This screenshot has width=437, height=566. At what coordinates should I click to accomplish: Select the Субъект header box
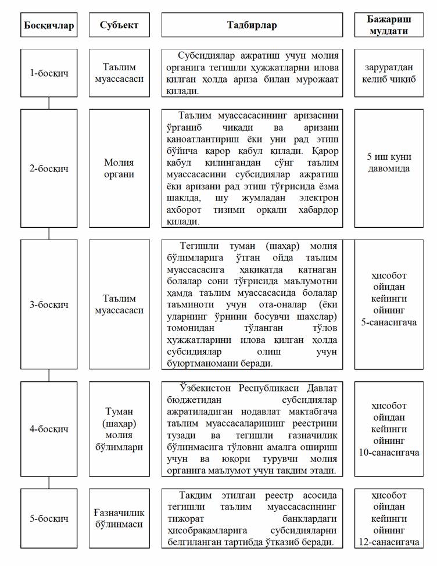coord(119,25)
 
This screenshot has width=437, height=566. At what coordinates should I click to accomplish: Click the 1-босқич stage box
coord(49,73)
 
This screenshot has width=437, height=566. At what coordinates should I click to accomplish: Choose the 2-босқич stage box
coord(49,169)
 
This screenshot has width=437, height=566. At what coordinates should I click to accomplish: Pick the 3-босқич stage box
coord(49,304)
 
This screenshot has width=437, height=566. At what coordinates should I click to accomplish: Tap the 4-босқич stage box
coord(49,429)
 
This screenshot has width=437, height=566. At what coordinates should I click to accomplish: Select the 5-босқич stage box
coord(49,518)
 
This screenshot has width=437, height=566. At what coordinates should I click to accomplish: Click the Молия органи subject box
coord(119,169)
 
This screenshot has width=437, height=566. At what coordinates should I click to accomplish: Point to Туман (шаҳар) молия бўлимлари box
coord(119,429)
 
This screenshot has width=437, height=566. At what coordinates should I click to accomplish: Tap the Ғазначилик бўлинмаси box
coord(119,518)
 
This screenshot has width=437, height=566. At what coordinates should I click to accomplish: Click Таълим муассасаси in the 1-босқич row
coord(119,73)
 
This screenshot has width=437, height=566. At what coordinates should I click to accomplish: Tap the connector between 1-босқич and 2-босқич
coord(49,103)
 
